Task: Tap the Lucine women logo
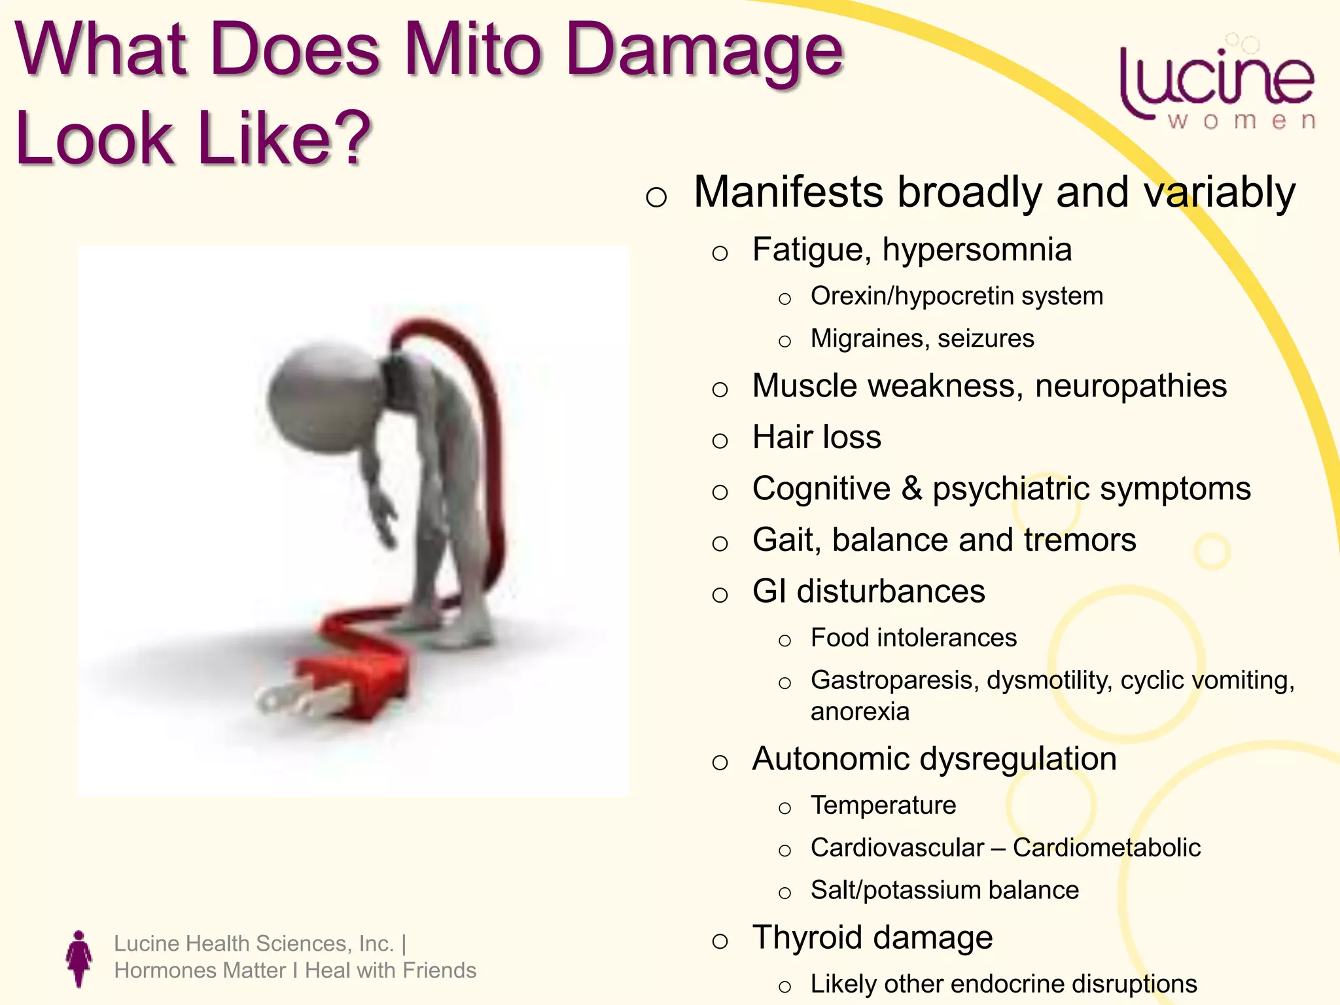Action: pos(1217,85)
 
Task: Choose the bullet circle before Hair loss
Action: pos(720,440)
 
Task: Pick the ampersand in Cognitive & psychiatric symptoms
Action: pos(911,489)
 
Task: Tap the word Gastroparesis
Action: pos(894,680)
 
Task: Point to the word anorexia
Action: pos(860,712)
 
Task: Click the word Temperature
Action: pos(883,805)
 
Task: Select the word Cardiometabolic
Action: pos(1106,848)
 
